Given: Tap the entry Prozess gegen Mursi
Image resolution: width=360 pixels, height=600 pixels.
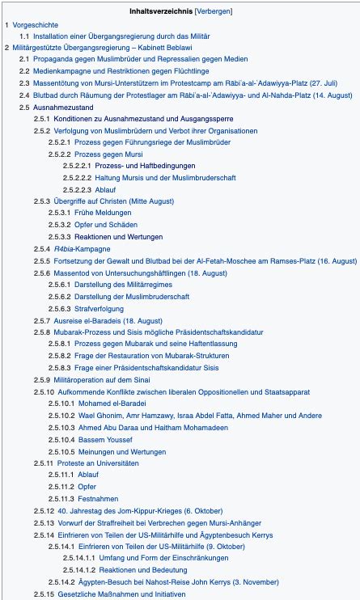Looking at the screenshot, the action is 112,154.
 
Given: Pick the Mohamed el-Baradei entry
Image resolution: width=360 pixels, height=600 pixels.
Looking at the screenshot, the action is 123,403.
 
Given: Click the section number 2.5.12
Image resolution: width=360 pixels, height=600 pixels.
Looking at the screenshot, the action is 44,510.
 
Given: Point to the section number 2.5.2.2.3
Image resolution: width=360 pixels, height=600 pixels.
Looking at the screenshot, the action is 78,189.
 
